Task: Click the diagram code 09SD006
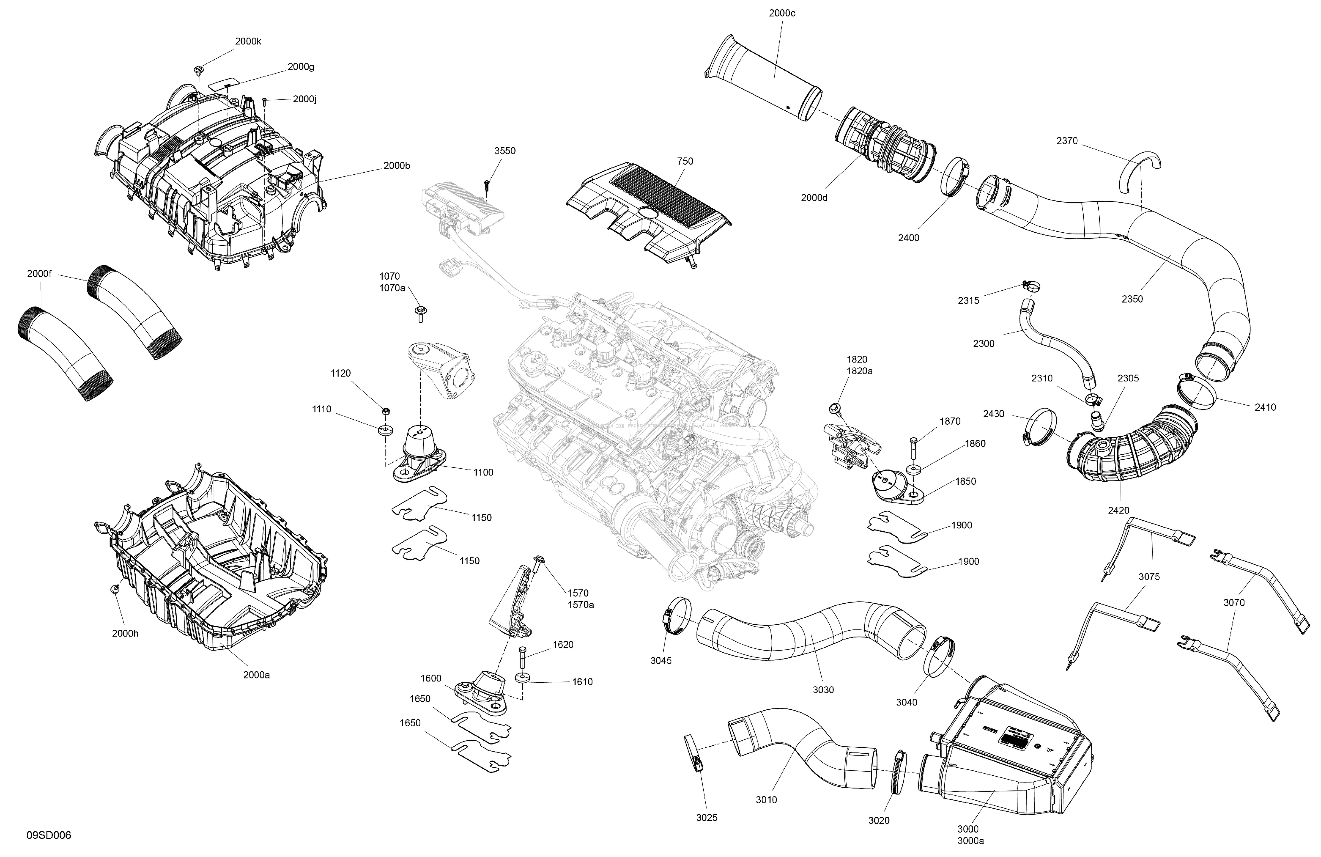pos(49,835)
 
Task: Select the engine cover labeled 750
pos(649,211)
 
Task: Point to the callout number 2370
pos(1067,141)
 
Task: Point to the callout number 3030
pos(823,690)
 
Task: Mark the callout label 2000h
pos(125,633)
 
